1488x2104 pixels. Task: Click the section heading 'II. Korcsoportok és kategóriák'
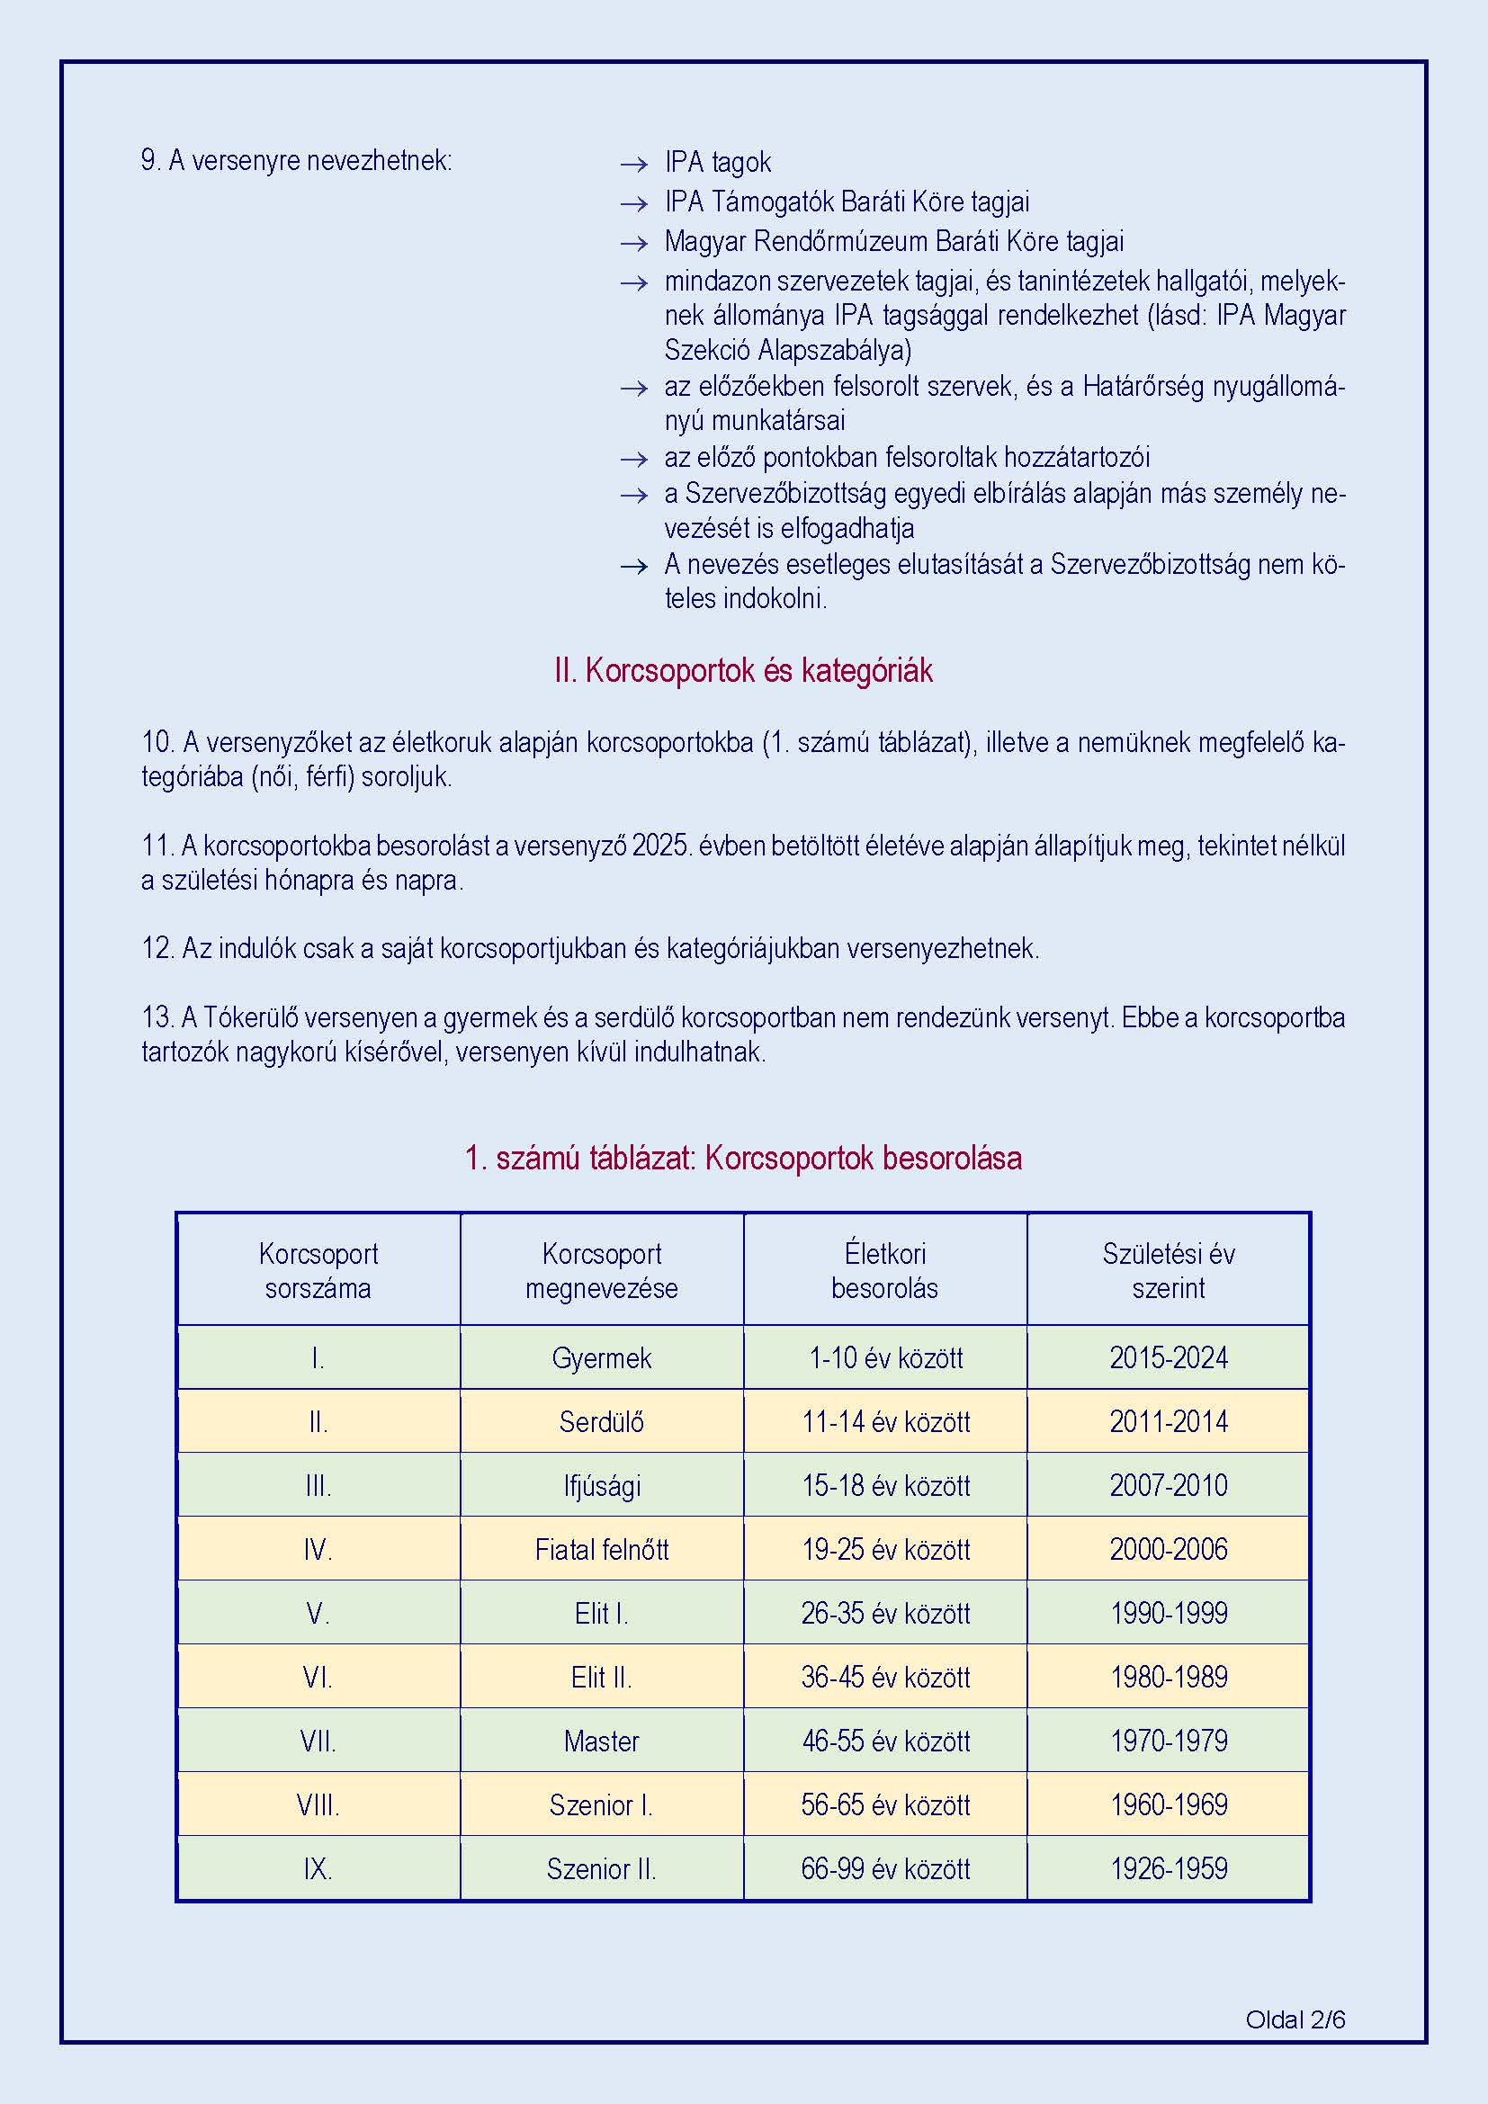coord(743,671)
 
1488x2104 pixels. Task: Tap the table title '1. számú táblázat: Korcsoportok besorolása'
coord(743,1159)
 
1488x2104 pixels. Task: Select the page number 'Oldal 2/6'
coord(1295,2019)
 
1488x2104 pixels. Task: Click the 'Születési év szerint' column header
coord(1169,1270)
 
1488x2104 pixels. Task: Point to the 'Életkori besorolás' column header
coord(884,1270)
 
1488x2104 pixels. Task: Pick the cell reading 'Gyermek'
coord(601,1358)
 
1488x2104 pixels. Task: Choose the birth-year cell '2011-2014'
coord(1169,1422)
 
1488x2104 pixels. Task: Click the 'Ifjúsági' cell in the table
coord(601,1485)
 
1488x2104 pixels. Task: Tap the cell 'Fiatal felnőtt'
coord(601,1550)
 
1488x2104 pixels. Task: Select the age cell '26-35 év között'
coord(884,1613)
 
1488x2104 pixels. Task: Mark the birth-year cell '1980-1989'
coord(1169,1677)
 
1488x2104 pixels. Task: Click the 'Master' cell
coord(601,1741)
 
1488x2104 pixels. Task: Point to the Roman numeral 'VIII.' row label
coord(318,1805)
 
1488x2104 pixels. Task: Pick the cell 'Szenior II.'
coord(601,1868)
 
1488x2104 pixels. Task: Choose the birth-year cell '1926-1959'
coord(1169,1868)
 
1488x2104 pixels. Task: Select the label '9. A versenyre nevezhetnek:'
coord(296,161)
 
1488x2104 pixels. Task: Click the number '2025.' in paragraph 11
coord(660,845)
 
